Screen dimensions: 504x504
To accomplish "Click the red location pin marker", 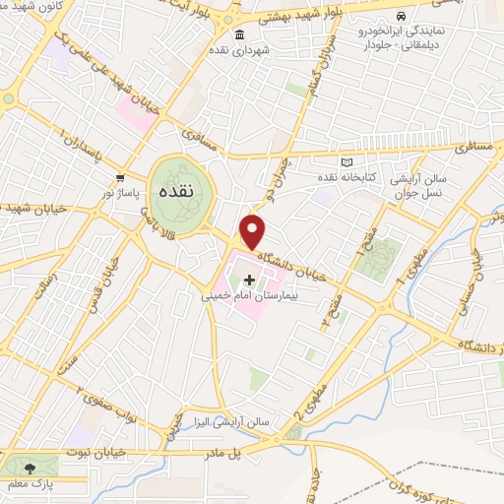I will [254, 232].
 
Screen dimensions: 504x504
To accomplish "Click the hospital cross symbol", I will [249, 281].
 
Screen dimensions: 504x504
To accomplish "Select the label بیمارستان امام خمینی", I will [247, 296].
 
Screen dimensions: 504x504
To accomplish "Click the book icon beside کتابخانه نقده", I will [345, 161].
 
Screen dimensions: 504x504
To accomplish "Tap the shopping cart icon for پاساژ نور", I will [119, 178].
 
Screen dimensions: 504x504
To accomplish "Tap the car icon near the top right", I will [401, 17].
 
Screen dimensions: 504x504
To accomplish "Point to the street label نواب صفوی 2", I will [95, 398].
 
